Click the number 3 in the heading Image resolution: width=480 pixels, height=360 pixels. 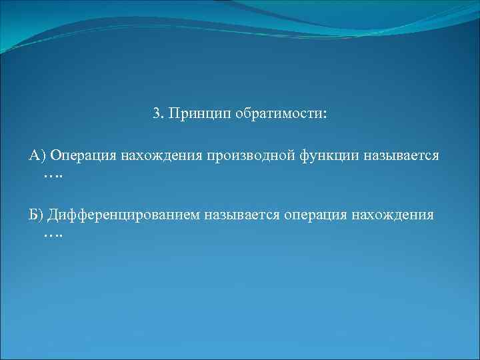click(x=156, y=113)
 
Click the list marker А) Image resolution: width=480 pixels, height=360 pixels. click(x=37, y=155)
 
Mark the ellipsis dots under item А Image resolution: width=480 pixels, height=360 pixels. click(x=53, y=175)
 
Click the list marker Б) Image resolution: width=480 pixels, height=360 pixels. click(x=36, y=215)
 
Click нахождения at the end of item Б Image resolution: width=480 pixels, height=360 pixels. click(x=397, y=215)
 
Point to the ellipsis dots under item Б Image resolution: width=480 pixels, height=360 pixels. click(x=53, y=235)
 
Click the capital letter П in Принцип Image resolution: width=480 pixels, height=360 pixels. click(x=175, y=113)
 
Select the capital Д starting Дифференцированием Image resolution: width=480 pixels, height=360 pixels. click(x=53, y=215)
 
